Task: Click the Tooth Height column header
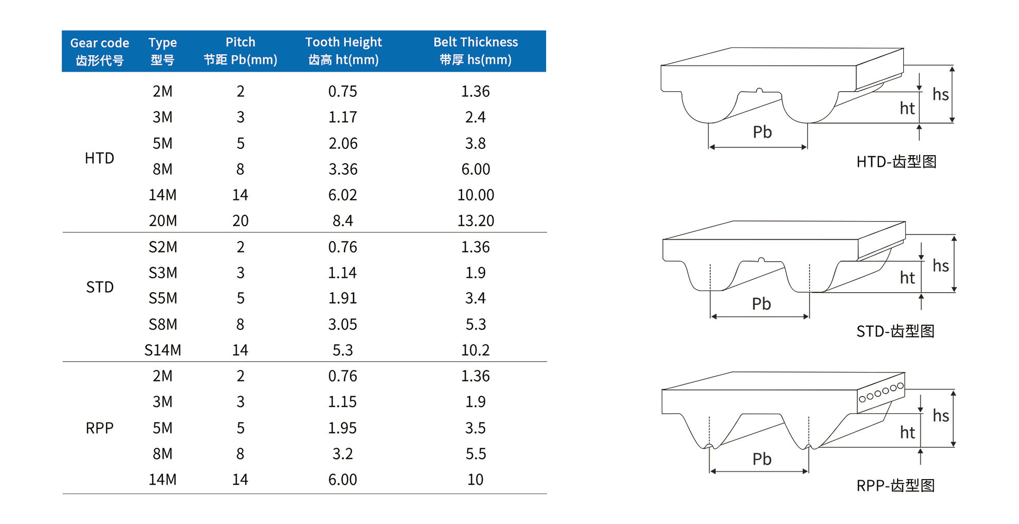click(343, 50)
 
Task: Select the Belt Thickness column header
click(476, 50)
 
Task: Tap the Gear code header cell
click(99, 51)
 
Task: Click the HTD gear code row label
click(99, 158)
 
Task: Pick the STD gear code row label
click(99, 287)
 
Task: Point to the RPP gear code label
click(99, 428)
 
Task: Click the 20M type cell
click(163, 221)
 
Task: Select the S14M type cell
click(163, 350)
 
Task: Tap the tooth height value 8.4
click(343, 221)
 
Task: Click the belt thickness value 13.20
click(476, 221)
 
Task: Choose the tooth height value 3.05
click(343, 325)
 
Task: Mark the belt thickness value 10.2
click(476, 350)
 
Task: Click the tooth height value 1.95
click(343, 428)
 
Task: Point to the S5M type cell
click(163, 298)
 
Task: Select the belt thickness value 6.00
click(476, 169)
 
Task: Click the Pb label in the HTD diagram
click(762, 132)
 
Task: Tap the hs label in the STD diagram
click(941, 266)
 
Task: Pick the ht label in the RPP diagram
click(907, 432)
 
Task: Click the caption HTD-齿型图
click(896, 162)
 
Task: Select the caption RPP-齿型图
click(895, 485)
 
